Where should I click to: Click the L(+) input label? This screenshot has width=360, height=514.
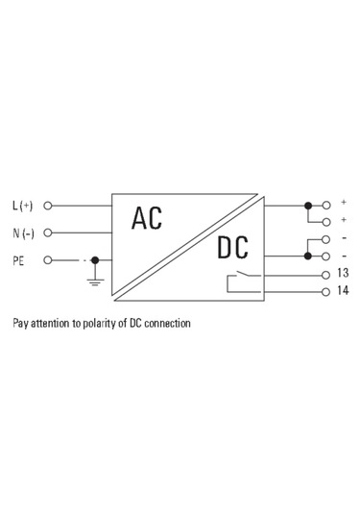(22, 206)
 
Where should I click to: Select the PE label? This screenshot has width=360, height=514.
(18, 259)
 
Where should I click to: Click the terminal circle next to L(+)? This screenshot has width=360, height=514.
(48, 206)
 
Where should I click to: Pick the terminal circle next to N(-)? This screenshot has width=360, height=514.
(48, 233)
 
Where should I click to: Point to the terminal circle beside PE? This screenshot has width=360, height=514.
(48, 259)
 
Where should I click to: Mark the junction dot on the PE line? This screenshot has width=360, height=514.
(94, 259)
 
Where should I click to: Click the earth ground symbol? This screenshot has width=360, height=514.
(94, 281)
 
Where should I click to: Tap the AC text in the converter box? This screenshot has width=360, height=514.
(147, 218)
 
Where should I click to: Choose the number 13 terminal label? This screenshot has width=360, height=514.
(343, 273)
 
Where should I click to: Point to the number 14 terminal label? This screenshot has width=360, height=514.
(343, 290)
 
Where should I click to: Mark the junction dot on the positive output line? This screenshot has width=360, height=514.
(307, 206)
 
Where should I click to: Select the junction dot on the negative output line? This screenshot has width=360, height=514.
(307, 256)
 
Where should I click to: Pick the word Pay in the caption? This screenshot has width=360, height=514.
(20, 324)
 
